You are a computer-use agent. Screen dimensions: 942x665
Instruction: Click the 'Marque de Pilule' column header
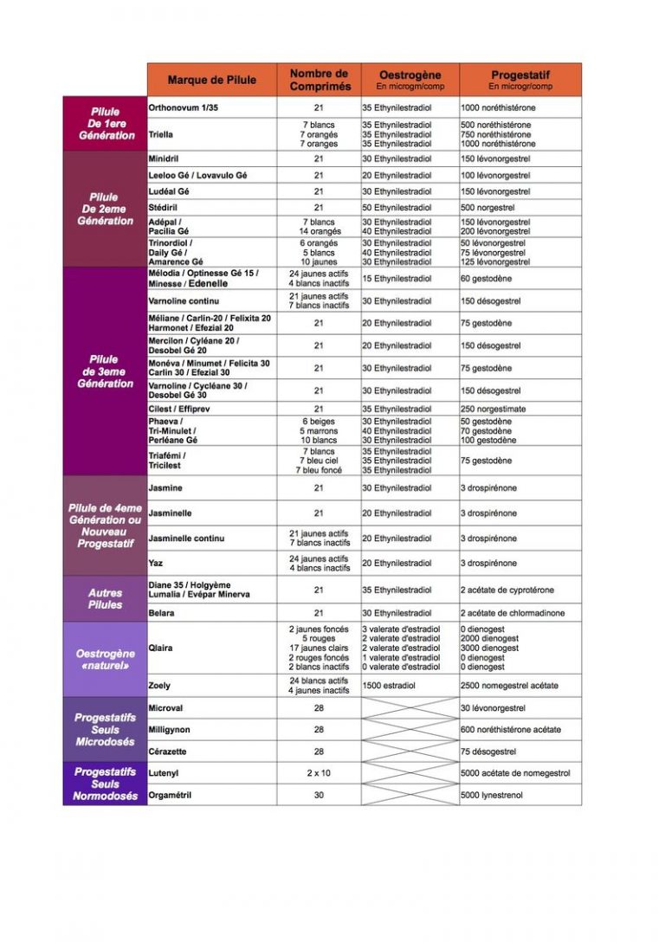tap(212, 80)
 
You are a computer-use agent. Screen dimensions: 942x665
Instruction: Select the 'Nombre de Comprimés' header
tap(320, 80)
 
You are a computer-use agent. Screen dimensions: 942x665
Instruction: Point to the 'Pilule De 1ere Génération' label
tap(105, 124)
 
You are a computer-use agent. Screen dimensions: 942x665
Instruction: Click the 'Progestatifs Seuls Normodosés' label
tap(105, 784)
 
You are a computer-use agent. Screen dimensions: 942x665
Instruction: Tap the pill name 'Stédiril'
tap(165, 208)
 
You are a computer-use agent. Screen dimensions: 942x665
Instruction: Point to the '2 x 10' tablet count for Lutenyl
tap(320, 773)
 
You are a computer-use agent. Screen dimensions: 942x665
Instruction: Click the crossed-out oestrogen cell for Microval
tap(410, 708)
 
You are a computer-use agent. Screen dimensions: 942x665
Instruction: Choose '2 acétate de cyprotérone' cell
tap(507, 590)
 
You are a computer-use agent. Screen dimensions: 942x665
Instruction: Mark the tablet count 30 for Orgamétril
tap(320, 795)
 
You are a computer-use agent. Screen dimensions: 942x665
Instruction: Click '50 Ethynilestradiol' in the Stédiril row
tap(397, 208)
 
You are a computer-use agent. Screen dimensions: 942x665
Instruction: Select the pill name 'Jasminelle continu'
tap(186, 539)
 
